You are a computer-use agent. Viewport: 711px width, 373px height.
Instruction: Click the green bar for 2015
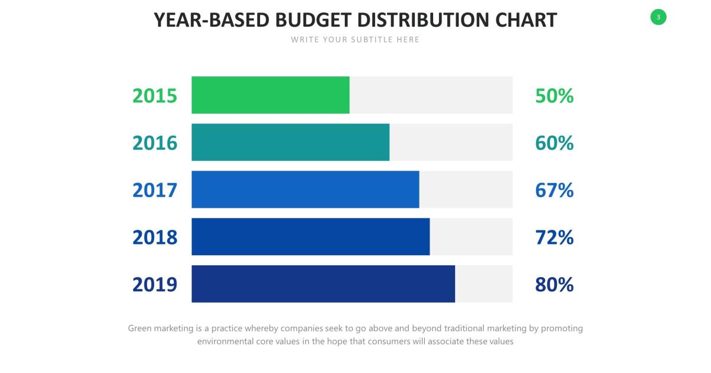pyautogui.click(x=270, y=95)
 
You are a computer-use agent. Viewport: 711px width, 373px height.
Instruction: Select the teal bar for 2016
pyautogui.click(x=290, y=142)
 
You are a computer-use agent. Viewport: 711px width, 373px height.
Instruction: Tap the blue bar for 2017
pyautogui.click(x=305, y=189)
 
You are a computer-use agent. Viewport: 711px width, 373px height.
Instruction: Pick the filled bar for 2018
pyautogui.click(x=310, y=237)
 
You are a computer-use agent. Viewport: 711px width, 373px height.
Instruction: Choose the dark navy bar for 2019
pyautogui.click(x=323, y=284)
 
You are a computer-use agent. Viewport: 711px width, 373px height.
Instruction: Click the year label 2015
pyautogui.click(x=155, y=95)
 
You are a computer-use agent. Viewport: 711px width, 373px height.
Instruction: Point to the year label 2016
pyautogui.click(x=155, y=143)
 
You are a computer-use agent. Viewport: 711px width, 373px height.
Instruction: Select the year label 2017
pyautogui.click(x=155, y=190)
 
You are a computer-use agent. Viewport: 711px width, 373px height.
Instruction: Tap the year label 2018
pyautogui.click(x=155, y=237)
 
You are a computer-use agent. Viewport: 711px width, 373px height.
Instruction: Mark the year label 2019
pyautogui.click(x=155, y=285)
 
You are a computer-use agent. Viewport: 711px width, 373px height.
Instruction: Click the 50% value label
pyautogui.click(x=554, y=95)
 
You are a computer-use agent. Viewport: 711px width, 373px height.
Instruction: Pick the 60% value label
pyautogui.click(x=554, y=143)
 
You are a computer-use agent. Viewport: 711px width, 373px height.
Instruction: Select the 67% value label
pyautogui.click(x=554, y=190)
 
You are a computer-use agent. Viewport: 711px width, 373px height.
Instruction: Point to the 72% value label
pyautogui.click(x=554, y=237)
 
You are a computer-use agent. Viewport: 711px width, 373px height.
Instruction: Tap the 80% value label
pyautogui.click(x=554, y=285)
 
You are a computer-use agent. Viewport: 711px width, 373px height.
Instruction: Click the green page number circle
pyautogui.click(x=658, y=17)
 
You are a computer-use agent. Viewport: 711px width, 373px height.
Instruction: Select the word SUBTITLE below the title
pyautogui.click(x=370, y=40)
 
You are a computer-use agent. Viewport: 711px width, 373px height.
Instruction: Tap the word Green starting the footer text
pyautogui.click(x=140, y=328)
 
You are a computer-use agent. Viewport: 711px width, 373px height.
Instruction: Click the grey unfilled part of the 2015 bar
pyautogui.click(x=431, y=95)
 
